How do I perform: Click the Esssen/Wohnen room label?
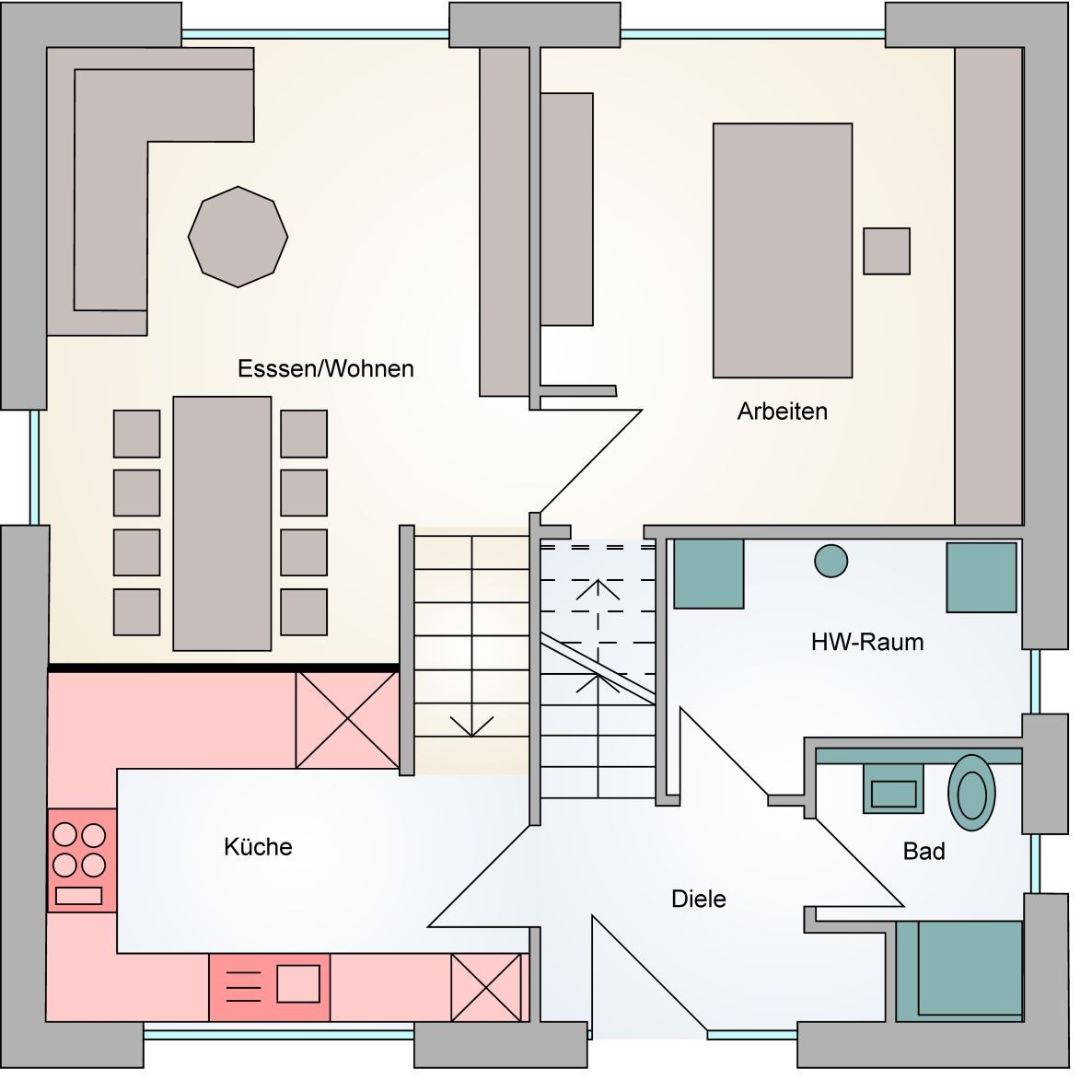point(325,369)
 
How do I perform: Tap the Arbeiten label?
point(782,412)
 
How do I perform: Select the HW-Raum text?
point(866,642)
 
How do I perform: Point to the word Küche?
point(258,847)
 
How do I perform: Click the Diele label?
point(698,899)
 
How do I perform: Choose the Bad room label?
point(924,852)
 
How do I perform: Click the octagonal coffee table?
point(238,237)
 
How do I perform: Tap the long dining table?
point(222,523)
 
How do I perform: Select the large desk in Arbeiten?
point(782,250)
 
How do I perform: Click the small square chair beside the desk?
point(886,251)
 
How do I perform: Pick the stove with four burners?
point(81,860)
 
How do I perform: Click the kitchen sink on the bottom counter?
point(270,987)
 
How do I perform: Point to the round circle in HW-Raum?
point(831,561)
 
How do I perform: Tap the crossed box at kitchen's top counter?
point(347,719)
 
